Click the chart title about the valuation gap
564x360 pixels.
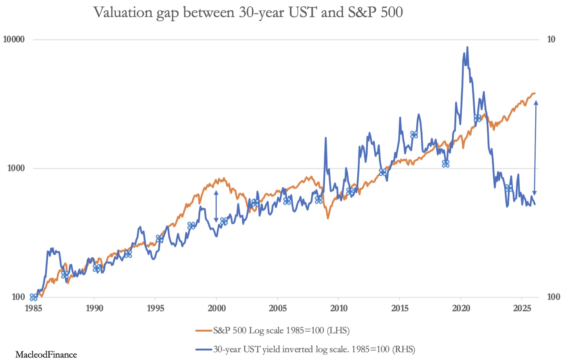[x=248, y=13]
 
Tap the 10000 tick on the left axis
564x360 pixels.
[x=14, y=39]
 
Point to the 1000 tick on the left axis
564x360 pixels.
[x=16, y=168]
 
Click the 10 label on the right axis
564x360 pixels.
[x=551, y=39]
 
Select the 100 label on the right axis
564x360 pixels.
[x=553, y=297]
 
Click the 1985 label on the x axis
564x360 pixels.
[x=33, y=308]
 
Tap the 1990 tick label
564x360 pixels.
[x=94, y=308]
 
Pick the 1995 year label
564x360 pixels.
[x=156, y=308]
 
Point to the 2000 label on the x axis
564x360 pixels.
[x=216, y=308]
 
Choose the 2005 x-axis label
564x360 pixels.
[x=278, y=308]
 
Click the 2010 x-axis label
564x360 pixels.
[x=339, y=308]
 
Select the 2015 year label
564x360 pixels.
[x=400, y=308]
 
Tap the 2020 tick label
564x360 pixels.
[x=461, y=308]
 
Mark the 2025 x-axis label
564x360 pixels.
[x=522, y=308]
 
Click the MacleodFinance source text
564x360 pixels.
[x=46, y=354]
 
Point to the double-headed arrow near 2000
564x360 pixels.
[x=216, y=206]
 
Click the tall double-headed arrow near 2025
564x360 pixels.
[x=535, y=148]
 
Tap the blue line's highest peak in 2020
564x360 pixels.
[x=467, y=47]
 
